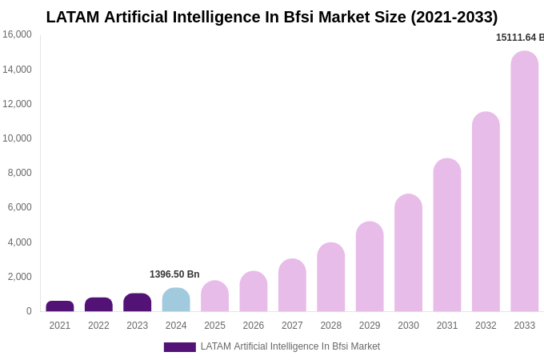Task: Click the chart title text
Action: point(272,17)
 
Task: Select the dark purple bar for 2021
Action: point(60,306)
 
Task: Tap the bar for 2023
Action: point(138,302)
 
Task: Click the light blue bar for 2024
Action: point(176,300)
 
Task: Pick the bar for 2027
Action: point(292,286)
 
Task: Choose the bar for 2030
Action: point(408,253)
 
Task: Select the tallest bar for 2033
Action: point(525,182)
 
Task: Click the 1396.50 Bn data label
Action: point(174,274)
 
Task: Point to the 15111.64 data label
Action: point(519,38)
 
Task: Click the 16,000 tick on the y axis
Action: point(17,34)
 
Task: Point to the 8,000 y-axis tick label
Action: point(19,173)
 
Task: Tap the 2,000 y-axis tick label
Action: point(19,277)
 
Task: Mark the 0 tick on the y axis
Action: point(29,311)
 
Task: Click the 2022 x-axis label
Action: point(98,326)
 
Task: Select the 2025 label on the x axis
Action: point(214,326)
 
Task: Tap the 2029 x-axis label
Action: point(370,326)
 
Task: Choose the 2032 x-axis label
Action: point(486,326)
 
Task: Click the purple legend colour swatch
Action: point(180,347)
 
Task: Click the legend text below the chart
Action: point(290,346)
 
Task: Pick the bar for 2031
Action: point(447,235)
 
